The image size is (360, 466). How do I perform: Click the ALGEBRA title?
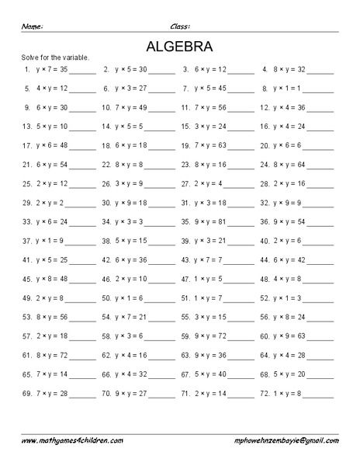click(x=179, y=46)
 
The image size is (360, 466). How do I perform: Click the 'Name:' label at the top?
click(x=32, y=26)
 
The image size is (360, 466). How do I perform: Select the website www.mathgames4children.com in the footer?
click(x=72, y=440)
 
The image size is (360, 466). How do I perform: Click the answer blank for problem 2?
click(x=162, y=71)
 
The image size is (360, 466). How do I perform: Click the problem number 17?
click(x=26, y=145)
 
